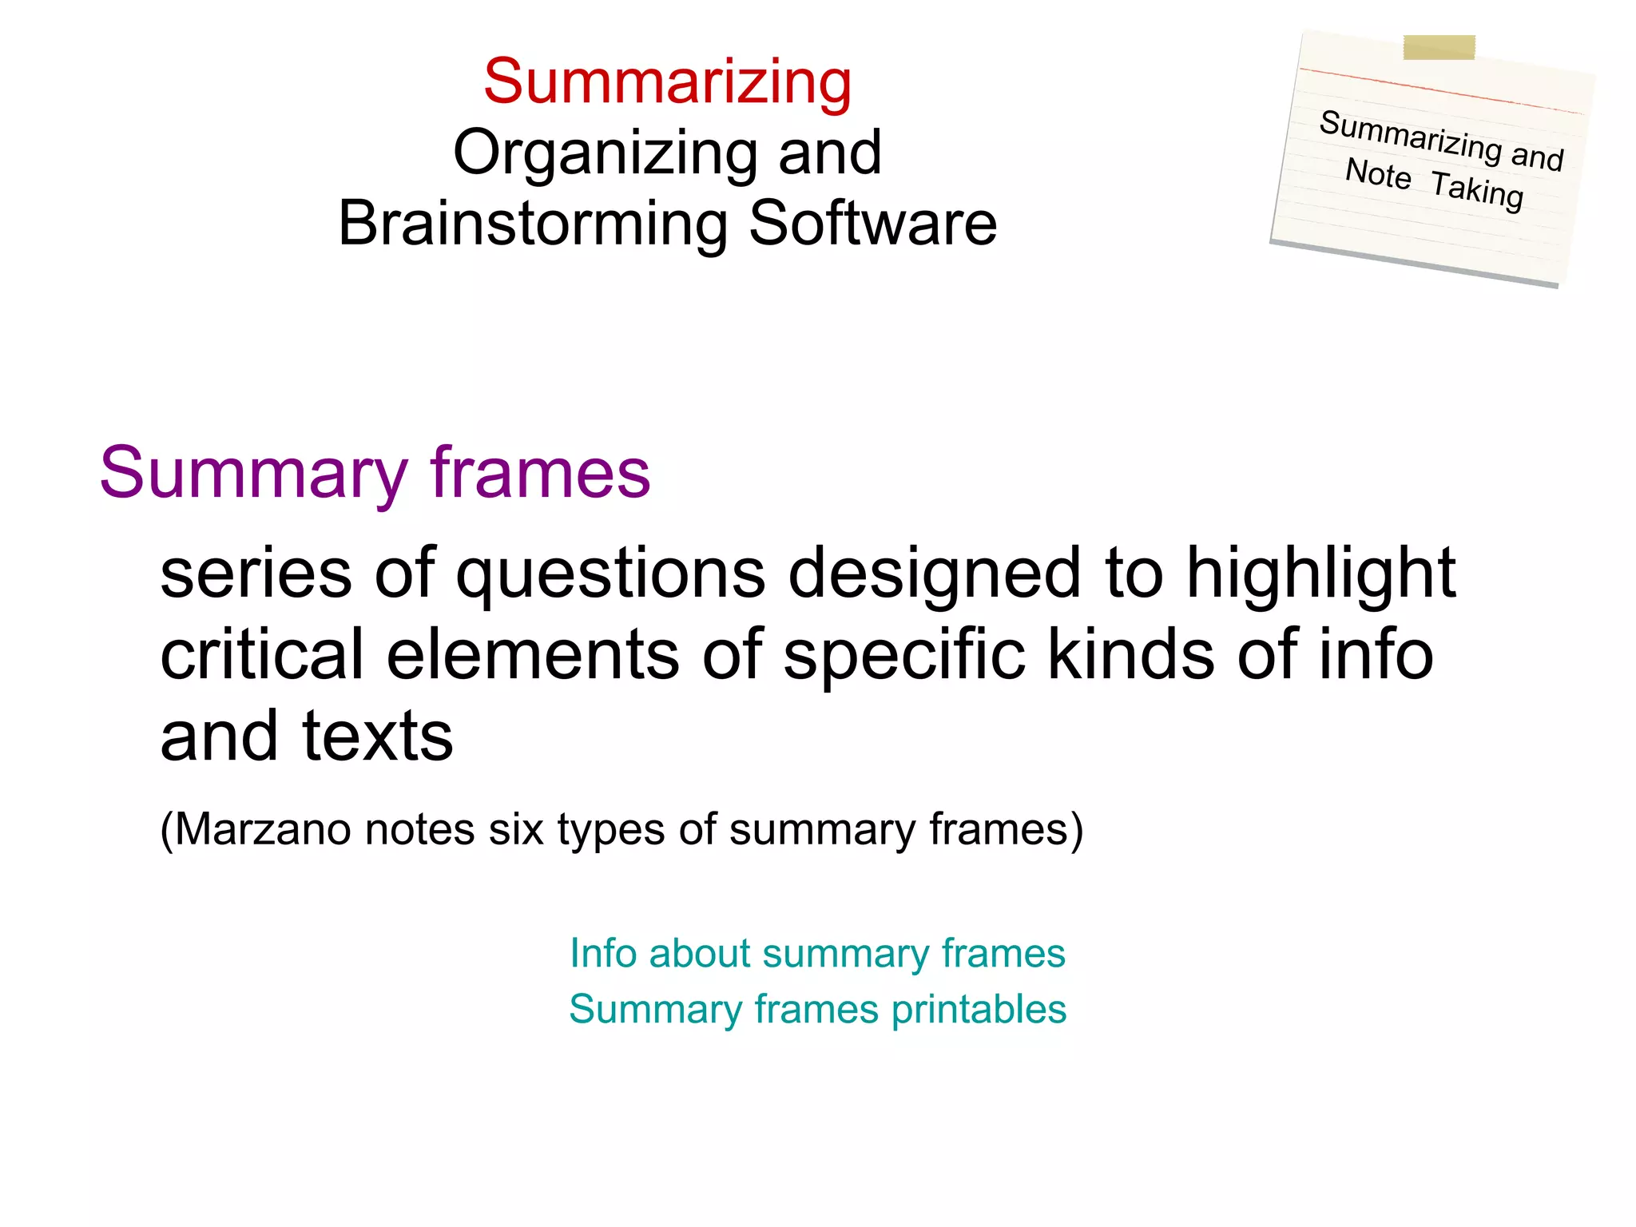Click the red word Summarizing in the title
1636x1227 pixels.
tap(668, 81)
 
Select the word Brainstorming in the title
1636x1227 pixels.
tap(532, 223)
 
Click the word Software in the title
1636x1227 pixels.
tap(872, 223)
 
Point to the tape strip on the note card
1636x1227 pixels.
tap(1439, 47)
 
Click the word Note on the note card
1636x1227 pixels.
tap(1377, 173)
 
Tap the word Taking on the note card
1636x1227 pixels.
tap(1477, 190)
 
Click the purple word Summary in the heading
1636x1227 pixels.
tap(253, 473)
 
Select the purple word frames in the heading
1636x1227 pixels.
tap(540, 473)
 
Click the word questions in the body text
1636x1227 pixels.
tap(611, 573)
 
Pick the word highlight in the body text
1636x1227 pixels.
tap(1320, 573)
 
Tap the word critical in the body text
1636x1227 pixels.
tap(262, 654)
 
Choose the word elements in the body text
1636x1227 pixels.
tap(533, 654)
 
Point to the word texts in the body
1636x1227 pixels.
tap(377, 736)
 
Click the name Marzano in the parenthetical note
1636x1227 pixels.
tap(263, 829)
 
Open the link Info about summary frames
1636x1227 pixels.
tap(817, 953)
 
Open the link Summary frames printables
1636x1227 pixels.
tap(817, 1009)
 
